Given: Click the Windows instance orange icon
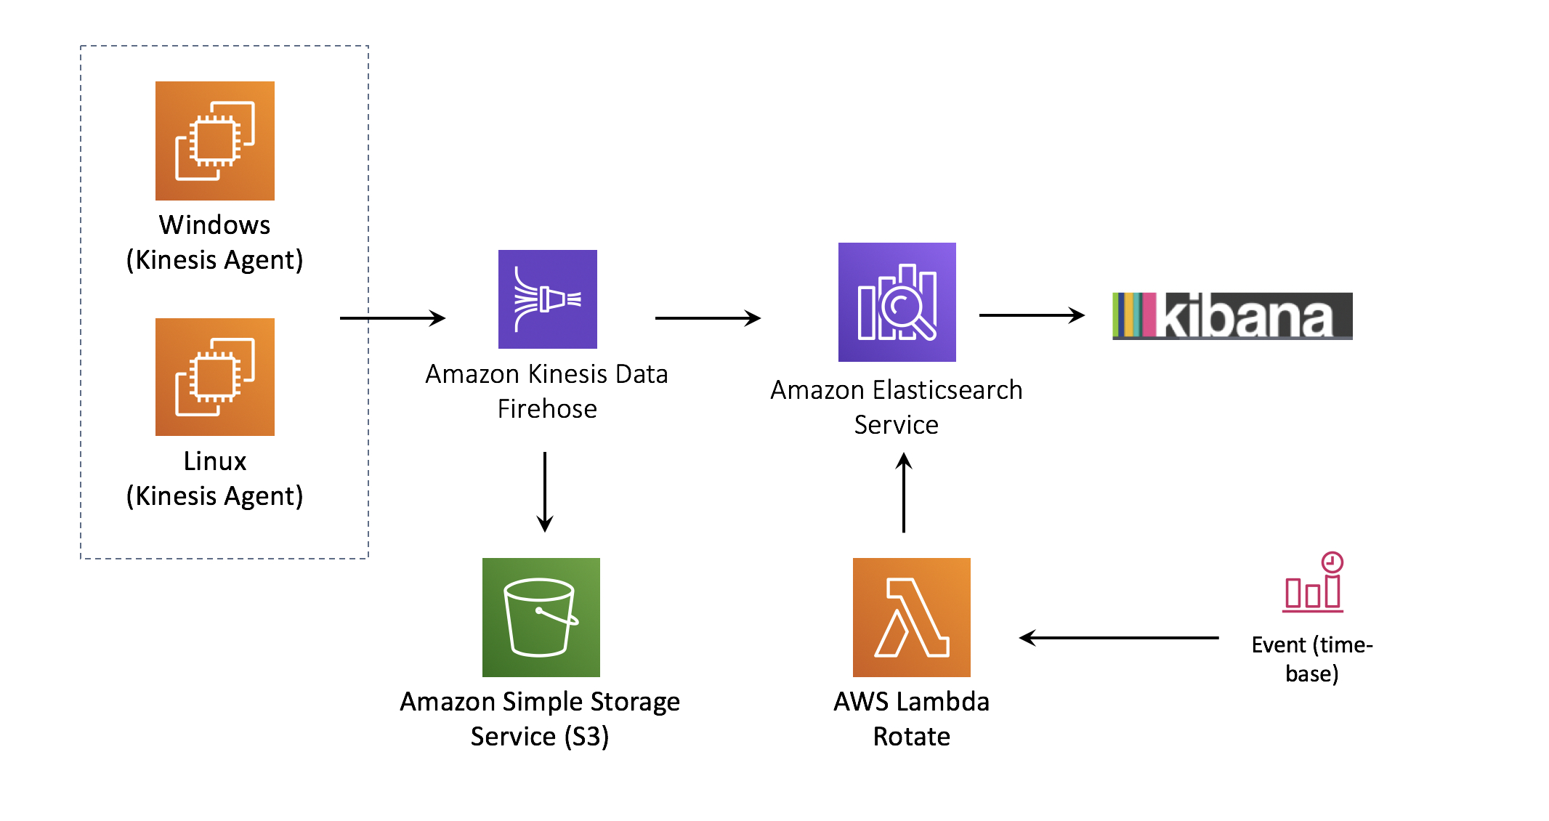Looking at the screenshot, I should tap(215, 140).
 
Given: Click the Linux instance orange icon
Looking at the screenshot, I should tap(215, 376).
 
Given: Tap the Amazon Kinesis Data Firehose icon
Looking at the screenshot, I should tap(547, 299).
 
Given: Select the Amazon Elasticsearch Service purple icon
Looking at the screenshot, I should tap(897, 302).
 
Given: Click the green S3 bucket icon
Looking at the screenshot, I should tap(541, 617).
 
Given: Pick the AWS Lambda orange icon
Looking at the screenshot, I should tap(911, 617).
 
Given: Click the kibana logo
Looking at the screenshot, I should tap(1232, 316).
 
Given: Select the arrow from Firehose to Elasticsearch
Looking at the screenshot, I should tap(708, 318).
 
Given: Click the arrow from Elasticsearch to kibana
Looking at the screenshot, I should tap(1032, 315).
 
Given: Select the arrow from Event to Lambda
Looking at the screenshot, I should tap(1119, 638).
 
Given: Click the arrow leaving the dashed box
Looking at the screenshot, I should tap(392, 318).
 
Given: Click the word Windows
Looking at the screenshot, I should tap(214, 225).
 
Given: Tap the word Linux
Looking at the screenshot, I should tap(214, 461).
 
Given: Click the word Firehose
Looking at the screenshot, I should tap(547, 409).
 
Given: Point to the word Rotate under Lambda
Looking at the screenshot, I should tap(911, 737).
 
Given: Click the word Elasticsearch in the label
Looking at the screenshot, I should tap(947, 390).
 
